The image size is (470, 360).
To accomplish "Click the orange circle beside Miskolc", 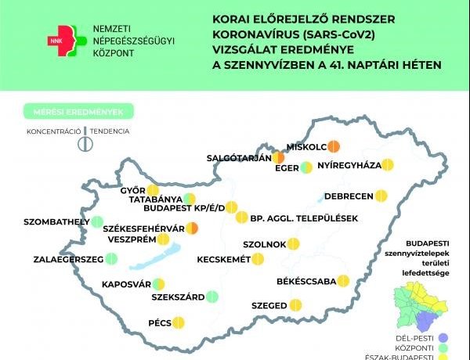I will click(333, 146).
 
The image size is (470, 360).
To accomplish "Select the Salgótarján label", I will click(238, 157).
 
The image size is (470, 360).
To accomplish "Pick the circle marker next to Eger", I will click(307, 167).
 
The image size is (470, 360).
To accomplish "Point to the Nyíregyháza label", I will click(349, 165).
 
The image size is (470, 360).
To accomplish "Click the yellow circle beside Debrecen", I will click(381, 195).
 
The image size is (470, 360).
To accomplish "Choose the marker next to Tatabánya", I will click(189, 200).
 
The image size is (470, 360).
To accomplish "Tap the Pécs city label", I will click(159, 322).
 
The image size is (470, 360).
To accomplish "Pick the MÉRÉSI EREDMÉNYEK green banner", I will click(78, 111).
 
